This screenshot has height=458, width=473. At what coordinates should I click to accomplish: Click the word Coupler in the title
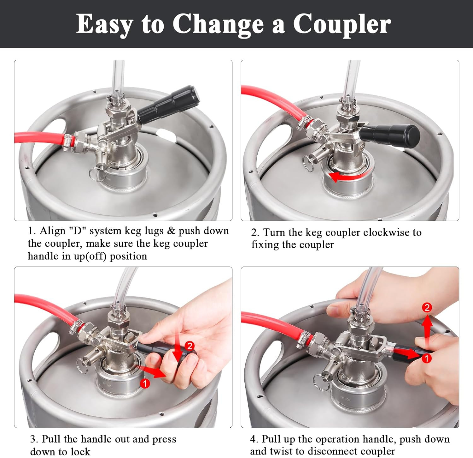click(342, 24)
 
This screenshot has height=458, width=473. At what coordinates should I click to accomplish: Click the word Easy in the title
click(104, 24)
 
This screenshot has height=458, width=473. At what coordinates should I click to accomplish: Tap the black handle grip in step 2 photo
click(391, 134)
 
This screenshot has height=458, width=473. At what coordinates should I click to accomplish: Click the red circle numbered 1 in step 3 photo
click(145, 383)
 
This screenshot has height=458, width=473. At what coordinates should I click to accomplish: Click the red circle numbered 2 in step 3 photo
click(190, 346)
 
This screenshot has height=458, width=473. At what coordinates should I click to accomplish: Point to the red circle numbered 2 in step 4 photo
click(427, 307)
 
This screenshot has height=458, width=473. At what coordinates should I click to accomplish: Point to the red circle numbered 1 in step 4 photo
click(426, 358)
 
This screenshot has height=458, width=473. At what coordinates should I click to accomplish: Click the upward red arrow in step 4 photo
click(427, 328)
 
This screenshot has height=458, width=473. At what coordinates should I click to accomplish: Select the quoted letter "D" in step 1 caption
click(77, 231)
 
